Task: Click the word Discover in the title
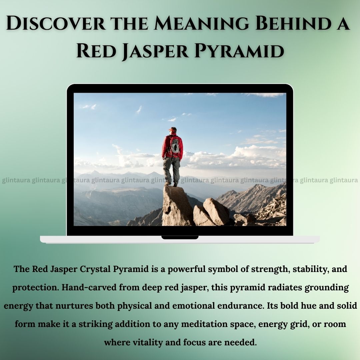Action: point(56,23)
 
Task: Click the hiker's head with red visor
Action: point(173,130)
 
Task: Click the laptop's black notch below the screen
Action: point(180,237)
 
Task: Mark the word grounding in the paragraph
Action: point(327,288)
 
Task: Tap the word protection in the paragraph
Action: point(36,288)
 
